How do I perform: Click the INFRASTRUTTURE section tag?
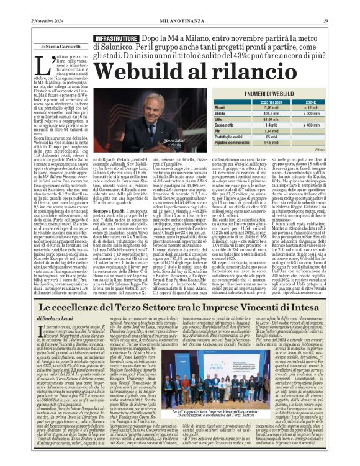[x=116, y=38]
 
